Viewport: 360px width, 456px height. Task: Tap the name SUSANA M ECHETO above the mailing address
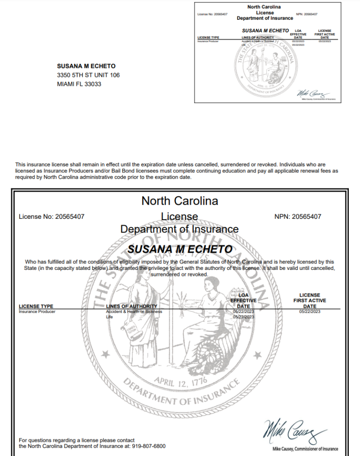(x=86, y=66)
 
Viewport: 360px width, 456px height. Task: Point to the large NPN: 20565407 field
(x=298, y=217)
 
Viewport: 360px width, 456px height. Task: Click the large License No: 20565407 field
(x=52, y=217)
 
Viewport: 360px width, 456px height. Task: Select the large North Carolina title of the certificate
(x=180, y=201)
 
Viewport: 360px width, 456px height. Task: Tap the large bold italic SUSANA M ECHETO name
(x=180, y=248)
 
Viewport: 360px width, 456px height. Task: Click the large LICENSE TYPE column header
(x=36, y=306)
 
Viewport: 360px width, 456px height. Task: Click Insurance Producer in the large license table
(x=37, y=312)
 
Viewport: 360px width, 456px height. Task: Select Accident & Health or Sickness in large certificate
(x=134, y=312)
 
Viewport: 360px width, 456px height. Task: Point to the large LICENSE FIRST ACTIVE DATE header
(x=309, y=300)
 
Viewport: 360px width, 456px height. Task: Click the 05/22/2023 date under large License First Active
(x=309, y=312)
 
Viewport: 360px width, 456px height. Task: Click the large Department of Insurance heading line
(x=180, y=229)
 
